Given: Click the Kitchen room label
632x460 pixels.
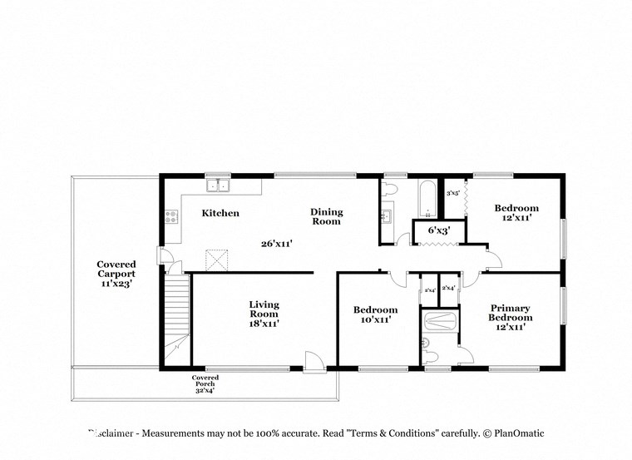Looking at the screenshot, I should click(x=220, y=214).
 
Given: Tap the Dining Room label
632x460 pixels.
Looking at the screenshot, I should click(x=327, y=217).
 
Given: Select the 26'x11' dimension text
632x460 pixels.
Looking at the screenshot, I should click(x=276, y=244).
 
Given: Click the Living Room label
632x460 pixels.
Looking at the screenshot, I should click(x=264, y=314).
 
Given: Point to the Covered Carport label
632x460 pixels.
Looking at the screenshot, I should click(x=116, y=274).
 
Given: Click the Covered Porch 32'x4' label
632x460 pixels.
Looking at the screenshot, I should click(x=205, y=383).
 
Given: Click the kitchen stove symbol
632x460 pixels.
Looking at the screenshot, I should click(x=171, y=216).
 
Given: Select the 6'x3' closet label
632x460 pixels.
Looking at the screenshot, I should click(x=438, y=229).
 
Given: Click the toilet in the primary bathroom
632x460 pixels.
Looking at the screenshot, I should click(x=429, y=355).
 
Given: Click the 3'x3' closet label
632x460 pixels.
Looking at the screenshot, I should click(x=453, y=193).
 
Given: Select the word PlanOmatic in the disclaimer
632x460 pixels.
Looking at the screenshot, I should click(x=519, y=433).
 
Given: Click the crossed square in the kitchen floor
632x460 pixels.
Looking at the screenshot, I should click(x=217, y=260).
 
